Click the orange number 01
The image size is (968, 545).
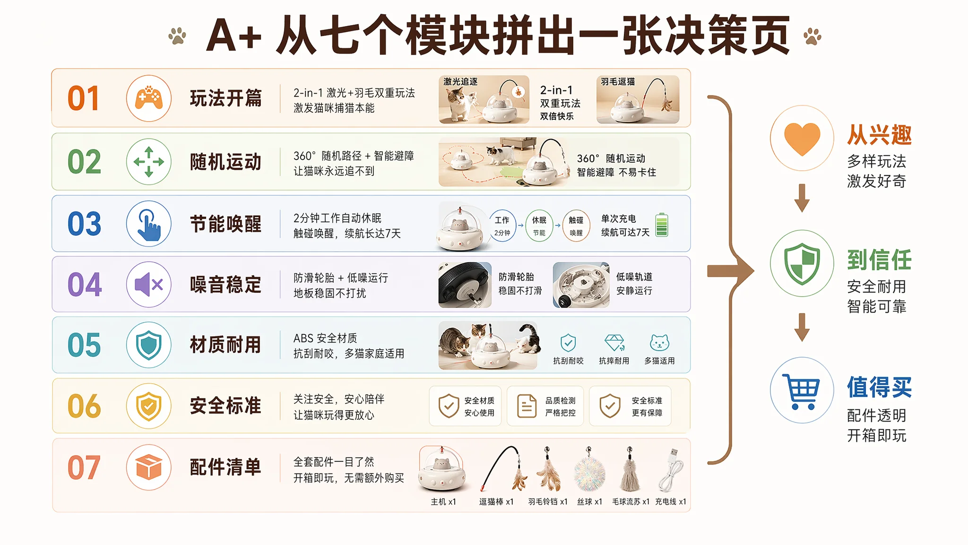(x=84, y=98)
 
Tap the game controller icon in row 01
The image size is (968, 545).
(x=149, y=98)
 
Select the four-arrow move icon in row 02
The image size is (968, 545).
(x=149, y=161)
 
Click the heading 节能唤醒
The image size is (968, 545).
(x=225, y=224)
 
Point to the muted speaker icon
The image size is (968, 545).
(x=149, y=284)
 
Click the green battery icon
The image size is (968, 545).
(x=662, y=225)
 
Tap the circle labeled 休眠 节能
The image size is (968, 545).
(x=539, y=226)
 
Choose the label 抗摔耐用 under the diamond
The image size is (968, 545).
(x=614, y=360)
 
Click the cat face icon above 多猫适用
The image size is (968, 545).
(x=659, y=342)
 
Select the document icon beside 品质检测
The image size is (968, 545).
(x=527, y=406)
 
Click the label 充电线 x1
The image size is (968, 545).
(x=670, y=501)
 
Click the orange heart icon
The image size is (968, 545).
(x=802, y=139)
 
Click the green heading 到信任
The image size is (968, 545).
(x=879, y=260)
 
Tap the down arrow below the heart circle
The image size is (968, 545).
(x=802, y=198)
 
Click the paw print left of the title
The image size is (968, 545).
(x=177, y=36)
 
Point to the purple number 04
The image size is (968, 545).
(x=85, y=284)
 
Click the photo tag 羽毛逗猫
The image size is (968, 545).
(x=618, y=82)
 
